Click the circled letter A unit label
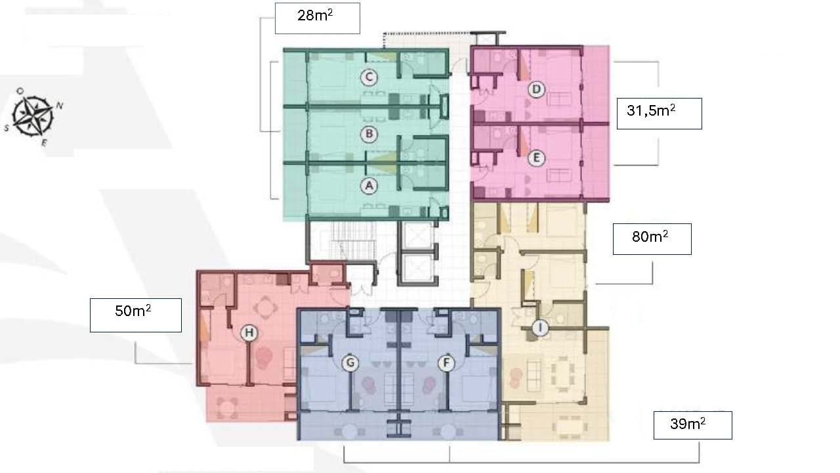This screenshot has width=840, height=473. coord(369,186)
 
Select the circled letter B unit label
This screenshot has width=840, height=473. coord(369,134)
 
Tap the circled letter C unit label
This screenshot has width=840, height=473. coord(369,78)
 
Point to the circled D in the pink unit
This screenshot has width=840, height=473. coord(536,90)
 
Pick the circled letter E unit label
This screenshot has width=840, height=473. coord(536,158)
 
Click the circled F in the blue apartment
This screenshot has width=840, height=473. coord(446,363)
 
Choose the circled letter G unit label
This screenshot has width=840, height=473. coord(350,363)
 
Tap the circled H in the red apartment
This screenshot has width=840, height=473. coord(249,333)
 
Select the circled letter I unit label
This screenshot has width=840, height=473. coord(540,328)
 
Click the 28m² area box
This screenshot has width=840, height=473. coord(318,18)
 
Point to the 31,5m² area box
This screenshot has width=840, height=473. coord(660,114)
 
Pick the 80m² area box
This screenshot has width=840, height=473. coord(652,239)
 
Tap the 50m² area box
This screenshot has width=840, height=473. coord(136,315)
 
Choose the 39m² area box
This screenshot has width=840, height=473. coord(692,425)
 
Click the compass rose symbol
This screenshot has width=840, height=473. coord(33,116)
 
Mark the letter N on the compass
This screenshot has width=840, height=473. coord(60,106)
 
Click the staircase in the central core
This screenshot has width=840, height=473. coord(352,240)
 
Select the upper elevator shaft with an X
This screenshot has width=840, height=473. coord(417,235)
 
